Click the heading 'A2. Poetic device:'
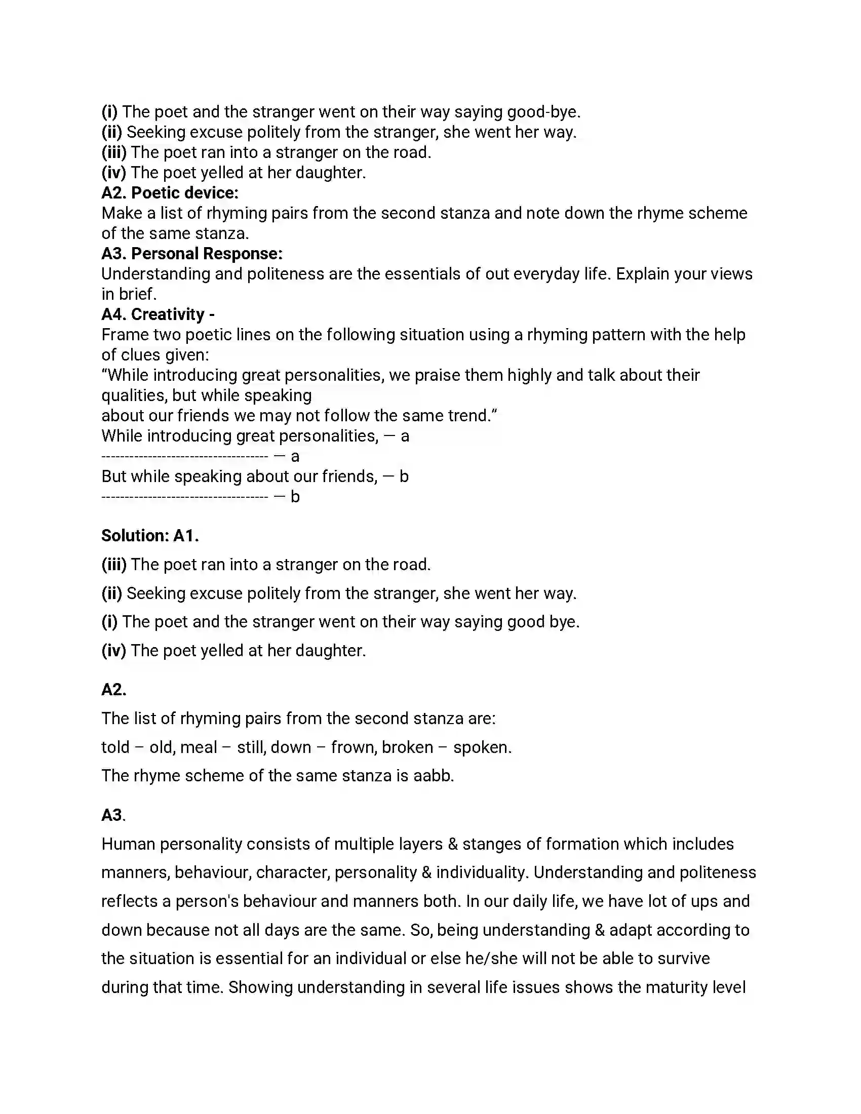(x=170, y=193)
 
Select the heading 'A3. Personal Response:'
(x=192, y=254)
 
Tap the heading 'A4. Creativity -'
(x=158, y=314)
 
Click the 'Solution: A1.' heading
(x=150, y=536)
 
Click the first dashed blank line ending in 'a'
(x=185, y=457)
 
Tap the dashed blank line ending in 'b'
(x=185, y=497)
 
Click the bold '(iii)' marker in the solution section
(x=114, y=565)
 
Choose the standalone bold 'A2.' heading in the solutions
(x=114, y=690)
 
